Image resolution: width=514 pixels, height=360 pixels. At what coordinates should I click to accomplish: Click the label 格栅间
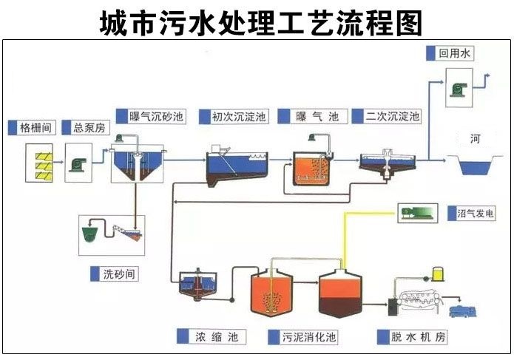[x=35, y=127]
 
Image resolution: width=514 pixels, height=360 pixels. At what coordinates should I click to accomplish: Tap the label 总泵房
[x=89, y=127]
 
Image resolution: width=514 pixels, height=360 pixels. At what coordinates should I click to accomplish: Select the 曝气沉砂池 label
[x=156, y=116]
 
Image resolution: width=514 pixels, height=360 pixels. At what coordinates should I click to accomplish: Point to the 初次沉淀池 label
[x=239, y=116]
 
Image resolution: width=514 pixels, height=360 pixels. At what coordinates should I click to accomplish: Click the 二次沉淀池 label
[x=393, y=116]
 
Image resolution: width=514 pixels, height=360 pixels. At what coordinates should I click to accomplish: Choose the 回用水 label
[x=454, y=53]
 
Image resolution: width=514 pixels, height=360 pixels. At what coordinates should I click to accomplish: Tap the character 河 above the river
[x=475, y=139]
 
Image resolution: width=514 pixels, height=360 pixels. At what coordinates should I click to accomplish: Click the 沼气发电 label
[x=476, y=213]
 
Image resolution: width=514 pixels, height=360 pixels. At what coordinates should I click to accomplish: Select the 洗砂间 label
[x=118, y=274]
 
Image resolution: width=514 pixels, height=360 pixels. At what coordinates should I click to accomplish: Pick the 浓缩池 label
[x=217, y=337]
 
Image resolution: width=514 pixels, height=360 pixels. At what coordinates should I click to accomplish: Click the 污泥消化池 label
[x=309, y=337]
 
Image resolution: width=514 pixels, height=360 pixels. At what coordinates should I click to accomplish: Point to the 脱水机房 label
[x=418, y=336]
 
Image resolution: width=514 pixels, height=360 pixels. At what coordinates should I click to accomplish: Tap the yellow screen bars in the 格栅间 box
[x=44, y=166]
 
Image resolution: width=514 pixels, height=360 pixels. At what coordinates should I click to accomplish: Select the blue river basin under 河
[x=475, y=167]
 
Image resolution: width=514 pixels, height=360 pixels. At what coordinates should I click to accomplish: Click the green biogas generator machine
[x=417, y=213]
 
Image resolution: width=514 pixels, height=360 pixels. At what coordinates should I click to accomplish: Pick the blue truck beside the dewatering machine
[x=463, y=311]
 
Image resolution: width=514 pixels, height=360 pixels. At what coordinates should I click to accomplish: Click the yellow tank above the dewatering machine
[x=438, y=274]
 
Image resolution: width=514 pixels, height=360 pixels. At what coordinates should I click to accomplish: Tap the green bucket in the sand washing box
[x=89, y=234]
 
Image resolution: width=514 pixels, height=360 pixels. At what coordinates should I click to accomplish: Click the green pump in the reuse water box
[x=459, y=89]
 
